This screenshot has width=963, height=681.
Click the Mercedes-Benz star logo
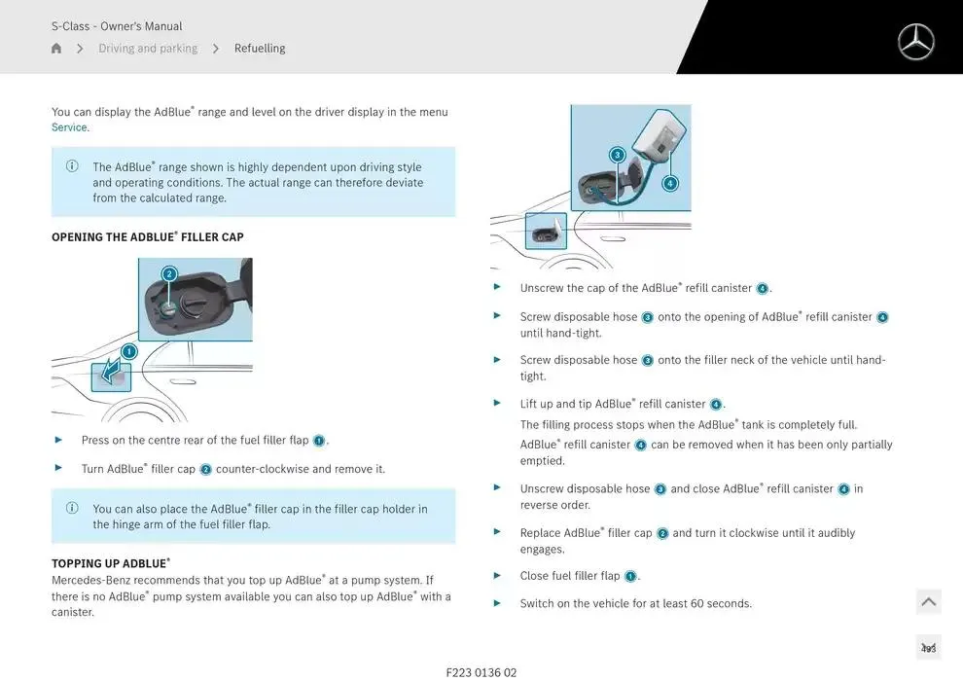point(915,42)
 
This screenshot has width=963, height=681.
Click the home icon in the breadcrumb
point(56,48)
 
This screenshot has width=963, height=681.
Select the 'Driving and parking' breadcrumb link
point(148,48)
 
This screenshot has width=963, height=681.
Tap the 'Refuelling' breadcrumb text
point(260,48)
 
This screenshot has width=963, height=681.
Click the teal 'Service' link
point(69,127)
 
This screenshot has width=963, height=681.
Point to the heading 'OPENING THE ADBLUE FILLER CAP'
point(148,237)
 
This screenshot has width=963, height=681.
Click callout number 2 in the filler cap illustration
point(169,274)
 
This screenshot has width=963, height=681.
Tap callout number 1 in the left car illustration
point(129,351)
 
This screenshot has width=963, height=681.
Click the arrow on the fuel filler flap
point(112,371)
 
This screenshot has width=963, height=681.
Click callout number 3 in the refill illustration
point(618,155)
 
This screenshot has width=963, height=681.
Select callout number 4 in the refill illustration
point(670,183)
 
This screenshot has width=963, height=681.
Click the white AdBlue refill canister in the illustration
point(659,137)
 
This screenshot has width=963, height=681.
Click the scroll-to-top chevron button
point(928,602)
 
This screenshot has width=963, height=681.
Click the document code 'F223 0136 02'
point(481,672)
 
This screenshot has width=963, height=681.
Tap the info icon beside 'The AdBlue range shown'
point(72,165)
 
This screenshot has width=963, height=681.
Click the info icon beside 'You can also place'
point(72,508)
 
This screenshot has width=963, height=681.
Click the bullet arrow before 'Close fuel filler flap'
point(497,575)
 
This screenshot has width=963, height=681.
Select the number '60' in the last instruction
point(697,603)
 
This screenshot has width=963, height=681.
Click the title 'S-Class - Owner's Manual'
point(117,26)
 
